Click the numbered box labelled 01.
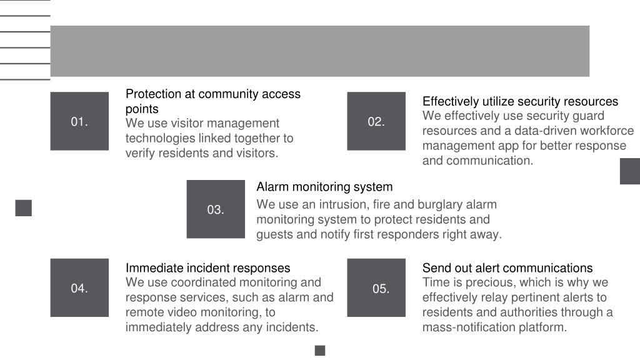point(79,121)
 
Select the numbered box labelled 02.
point(376,121)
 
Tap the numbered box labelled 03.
point(216,209)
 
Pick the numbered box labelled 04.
point(79,287)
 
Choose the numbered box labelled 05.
point(376,287)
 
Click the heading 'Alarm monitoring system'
point(324,187)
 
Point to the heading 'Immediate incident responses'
point(207,268)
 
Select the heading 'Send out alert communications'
point(507,268)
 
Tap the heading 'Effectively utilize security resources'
point(520,101)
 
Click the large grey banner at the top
point(319,51)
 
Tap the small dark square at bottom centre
point(320,351)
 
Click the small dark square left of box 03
point(23,208)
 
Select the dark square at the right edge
point(630,171)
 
